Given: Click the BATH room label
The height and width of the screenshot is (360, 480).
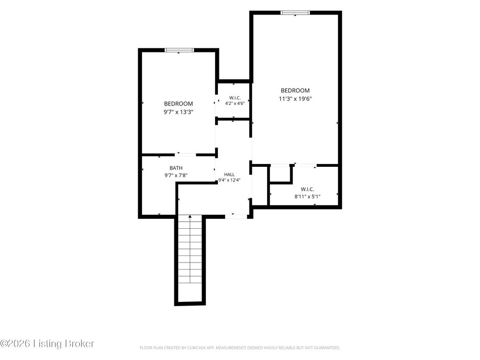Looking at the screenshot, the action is click(176, 168).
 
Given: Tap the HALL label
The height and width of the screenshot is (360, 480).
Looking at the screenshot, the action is click(229, 174).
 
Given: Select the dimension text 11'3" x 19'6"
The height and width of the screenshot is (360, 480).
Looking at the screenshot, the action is click(295, 98).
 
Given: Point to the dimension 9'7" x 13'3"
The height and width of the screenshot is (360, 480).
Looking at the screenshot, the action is click(179, 112).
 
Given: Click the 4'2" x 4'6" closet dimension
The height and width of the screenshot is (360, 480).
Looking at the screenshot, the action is click(235, 103).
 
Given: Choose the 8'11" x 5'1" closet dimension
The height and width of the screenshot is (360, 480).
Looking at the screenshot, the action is click(307, 196).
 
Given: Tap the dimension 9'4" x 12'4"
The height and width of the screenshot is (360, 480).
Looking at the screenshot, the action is click(229, 180).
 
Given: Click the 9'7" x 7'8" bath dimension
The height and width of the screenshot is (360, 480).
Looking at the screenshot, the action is click(176, 175).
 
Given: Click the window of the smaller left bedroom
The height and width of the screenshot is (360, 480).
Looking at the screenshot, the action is click(179, 50).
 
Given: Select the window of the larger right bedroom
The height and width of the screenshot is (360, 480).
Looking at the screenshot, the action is click(295, 13).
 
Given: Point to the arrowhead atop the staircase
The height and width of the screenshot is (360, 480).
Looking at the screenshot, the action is click(190, 217).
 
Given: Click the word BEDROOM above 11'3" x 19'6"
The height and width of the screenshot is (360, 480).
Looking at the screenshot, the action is click(295, 90).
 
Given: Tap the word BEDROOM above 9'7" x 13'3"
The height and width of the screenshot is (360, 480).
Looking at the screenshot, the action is click(179, 104).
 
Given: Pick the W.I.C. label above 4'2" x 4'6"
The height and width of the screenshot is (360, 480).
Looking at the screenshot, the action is click(235, 97).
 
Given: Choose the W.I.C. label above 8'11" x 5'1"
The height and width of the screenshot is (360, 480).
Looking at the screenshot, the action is click(307, 189).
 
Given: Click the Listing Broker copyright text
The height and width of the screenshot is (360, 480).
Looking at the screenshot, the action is click(47, 344).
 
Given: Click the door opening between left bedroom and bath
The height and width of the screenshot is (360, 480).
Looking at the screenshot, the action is click(186, 155).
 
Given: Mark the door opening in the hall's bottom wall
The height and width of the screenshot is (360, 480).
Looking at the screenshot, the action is click(236, 217).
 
